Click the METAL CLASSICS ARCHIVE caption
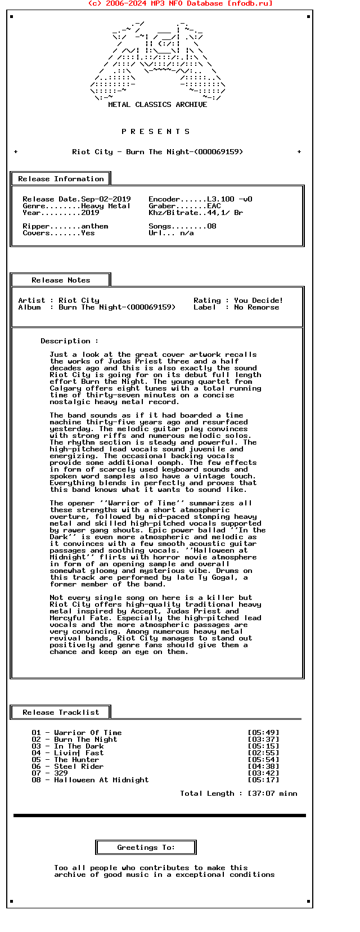coord(157,105)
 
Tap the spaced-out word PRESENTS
coord(156,132)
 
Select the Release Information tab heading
coord(61,179)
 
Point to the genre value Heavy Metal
coord(106,206)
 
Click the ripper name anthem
coord(94,226)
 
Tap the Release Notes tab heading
coord(61,280)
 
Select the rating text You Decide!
coord(258,301)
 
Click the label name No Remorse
coord(256,307)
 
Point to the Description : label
coord(69,341)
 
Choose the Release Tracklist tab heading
coord(61,713)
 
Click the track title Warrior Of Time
coord(88,733)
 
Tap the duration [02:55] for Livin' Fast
coord(263,753)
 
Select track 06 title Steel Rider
coord(79,767)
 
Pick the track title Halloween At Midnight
coord(101,780)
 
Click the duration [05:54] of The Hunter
coord(263,760)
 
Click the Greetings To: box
coord(146,848)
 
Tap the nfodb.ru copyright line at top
coord(180,3)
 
